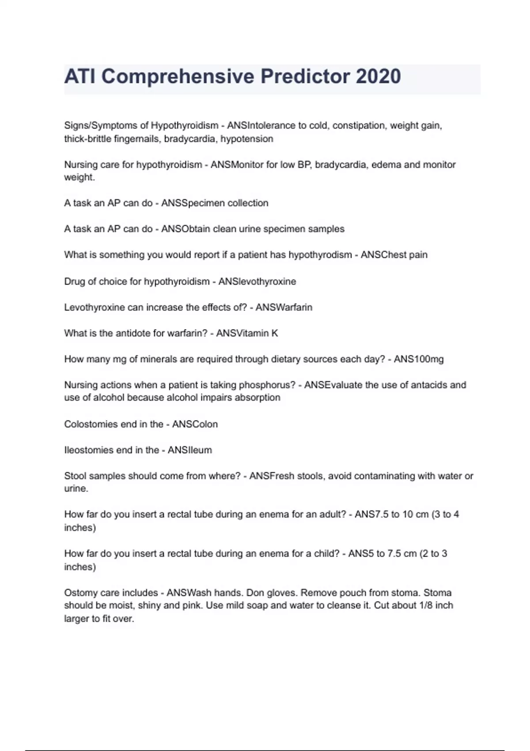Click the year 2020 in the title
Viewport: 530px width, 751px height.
(x=378, y=76)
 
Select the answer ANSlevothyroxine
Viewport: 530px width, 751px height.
(x=257, y=281)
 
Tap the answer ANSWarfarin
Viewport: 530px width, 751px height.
(x=284, y=307)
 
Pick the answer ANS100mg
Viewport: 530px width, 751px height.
(x=419, y=359)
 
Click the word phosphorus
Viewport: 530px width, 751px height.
(x=267, y=385)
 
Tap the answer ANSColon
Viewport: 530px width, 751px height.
(x=195, y=424)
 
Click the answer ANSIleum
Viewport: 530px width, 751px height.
(x=190, y=450)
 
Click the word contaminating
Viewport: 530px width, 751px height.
(x=384, y=476)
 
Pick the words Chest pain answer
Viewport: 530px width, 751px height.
(x=394, y=255)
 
